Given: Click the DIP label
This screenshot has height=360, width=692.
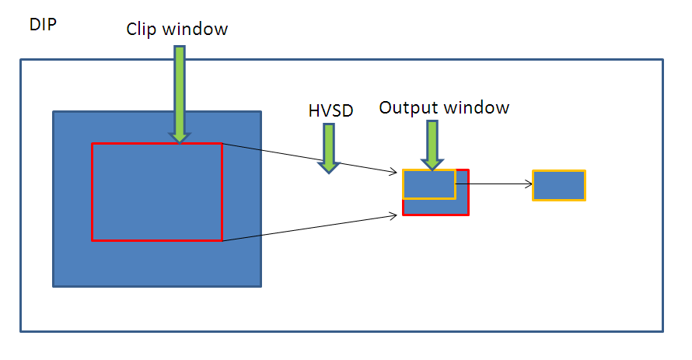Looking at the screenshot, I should [42, 25].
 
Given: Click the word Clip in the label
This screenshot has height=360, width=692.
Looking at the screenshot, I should [143, 30].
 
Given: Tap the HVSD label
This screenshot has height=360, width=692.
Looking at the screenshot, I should [330, 111].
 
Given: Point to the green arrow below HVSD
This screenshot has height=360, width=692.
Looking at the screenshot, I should [330, 147].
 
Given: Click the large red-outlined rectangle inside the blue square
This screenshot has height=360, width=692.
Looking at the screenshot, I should [156, 192].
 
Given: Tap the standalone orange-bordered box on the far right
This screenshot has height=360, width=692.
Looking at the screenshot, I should [558, 185].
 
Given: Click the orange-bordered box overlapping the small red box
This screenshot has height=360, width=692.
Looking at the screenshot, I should [428, 183].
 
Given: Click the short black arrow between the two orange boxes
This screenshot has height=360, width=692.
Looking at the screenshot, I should [493, 184].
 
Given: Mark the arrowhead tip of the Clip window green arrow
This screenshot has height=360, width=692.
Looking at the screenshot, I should [180, 142].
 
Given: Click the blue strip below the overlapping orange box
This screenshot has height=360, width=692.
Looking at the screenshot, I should [435, 206].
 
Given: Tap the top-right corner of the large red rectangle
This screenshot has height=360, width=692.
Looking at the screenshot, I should [222, 144].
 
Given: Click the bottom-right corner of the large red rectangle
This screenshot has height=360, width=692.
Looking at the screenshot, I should [222, 240].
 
